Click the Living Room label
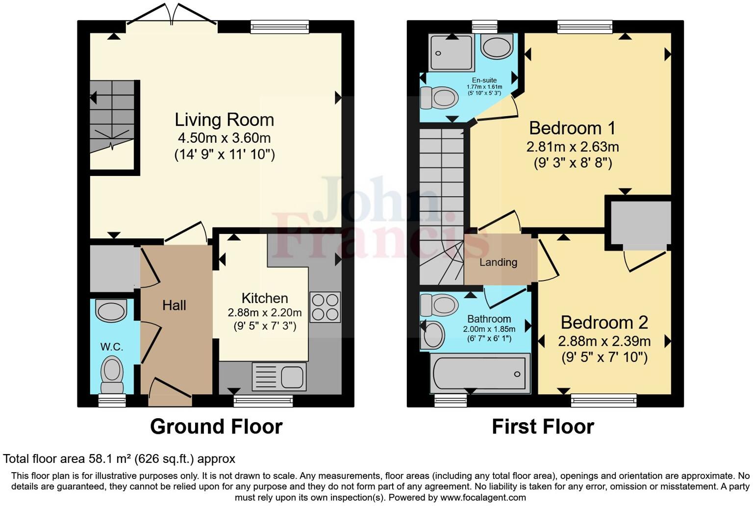tap(224, 120)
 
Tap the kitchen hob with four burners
tap(325, 307)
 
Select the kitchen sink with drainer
tap(279, 377)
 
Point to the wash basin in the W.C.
tap(111, 311)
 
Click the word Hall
tap(174, 305)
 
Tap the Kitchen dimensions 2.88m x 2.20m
tap(264, 313)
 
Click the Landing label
tap(498, 262)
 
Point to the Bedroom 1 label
tap(572, 128)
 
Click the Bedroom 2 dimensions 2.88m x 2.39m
tap(604, 341)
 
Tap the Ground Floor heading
tap(216, 427)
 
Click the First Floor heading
tap(543, 427)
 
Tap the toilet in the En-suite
tap(439, 98)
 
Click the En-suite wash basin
tap(497, 47)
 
